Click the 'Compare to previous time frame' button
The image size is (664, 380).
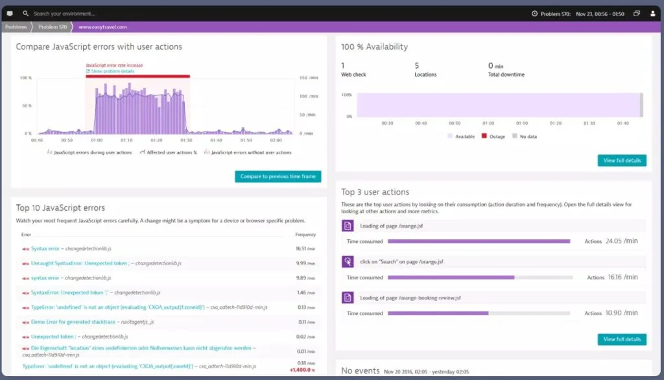(278, 176)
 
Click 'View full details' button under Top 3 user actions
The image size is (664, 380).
(621, 339)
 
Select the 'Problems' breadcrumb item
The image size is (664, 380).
(16, 27)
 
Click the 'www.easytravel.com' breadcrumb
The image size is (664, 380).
(102, 27)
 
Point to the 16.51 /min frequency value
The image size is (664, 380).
(305, 248)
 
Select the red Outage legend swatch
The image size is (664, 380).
(483, 137)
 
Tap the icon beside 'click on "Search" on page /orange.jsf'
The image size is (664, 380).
(347, 262)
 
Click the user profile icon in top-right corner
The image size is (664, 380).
(652, 13)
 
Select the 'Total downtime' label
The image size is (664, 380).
(506, 75)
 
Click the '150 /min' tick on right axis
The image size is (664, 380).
(308, 78)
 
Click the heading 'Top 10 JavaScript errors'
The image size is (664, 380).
(60, 208)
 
